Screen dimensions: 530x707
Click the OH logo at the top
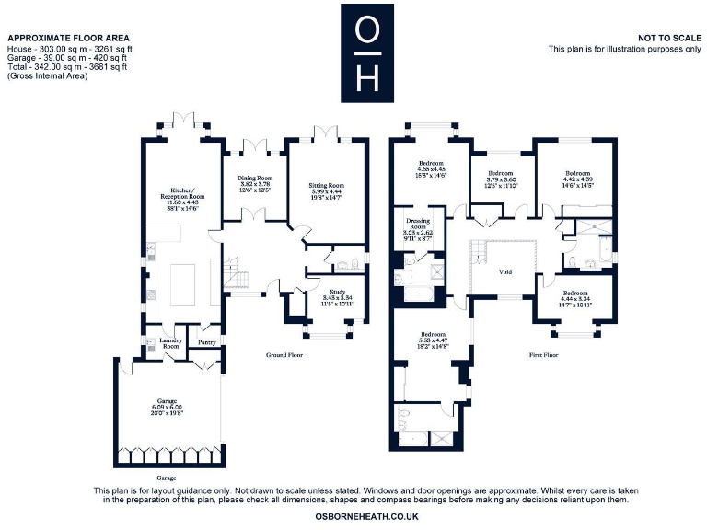pos(366,52)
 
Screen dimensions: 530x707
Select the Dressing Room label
pos(419,229)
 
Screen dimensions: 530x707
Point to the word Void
pos(504,272)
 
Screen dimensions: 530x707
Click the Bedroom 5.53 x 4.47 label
pos(433,340)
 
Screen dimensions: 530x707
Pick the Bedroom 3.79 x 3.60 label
pos(500,179)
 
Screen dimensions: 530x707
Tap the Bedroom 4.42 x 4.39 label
pos(577,179)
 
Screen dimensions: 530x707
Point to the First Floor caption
pos(544,354)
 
